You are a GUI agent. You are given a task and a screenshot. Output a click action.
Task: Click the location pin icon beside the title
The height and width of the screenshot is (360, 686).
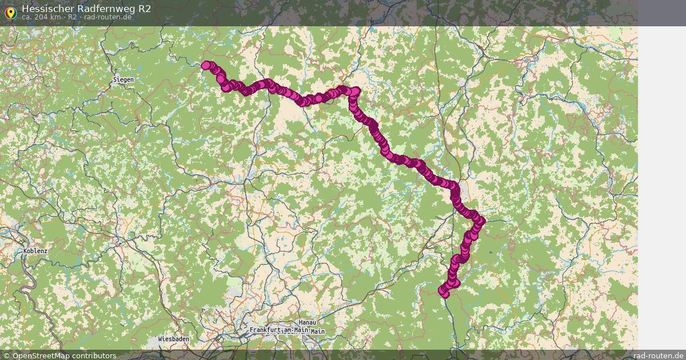(x=10, y=12)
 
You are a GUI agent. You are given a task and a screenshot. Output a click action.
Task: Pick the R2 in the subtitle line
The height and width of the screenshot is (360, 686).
(x=72, y=17)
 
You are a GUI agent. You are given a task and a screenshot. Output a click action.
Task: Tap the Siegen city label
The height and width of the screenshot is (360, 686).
(x=123, y=79)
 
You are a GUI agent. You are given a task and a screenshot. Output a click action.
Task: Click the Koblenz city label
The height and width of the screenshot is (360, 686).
(x=35, y=251)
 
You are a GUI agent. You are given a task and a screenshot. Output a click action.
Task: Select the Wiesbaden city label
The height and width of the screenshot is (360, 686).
(x=173, y=339)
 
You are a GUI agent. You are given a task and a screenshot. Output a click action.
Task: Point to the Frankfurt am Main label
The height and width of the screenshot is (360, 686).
(x=278, y=331)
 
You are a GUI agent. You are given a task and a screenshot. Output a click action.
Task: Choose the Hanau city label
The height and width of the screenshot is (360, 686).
(x=307, y=323)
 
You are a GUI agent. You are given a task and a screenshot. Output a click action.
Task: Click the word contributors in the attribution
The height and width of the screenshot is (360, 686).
(x=94, y=355)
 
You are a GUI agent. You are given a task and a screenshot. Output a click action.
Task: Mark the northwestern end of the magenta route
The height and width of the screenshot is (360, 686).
(x=206, y=65)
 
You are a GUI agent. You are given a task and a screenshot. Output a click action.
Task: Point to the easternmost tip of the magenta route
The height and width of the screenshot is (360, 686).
(x=481, y=221)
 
